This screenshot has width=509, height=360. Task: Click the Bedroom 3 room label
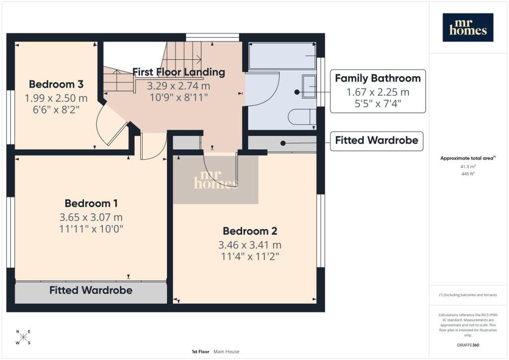coord(56,84)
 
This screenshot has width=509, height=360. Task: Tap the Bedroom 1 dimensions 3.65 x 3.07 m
coord(91,217)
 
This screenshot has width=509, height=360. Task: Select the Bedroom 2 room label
coord(250,231)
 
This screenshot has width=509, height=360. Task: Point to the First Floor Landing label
coord(179,72)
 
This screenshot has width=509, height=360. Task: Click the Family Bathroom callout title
coord(378,78)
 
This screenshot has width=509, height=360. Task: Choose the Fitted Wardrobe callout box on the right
coord(377,141)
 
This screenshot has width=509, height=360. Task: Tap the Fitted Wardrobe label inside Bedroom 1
coord(91,290)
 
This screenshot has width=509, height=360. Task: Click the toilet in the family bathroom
coord(302,117)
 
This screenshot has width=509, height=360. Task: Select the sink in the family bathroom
coord(309,87)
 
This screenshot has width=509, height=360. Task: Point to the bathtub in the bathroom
coord(282,56)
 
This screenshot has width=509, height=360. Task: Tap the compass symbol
coord(23,337)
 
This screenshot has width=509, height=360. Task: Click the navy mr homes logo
coord(468,27)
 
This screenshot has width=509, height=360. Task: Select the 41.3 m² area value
coord(468,167)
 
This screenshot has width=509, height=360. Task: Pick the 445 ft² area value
coord(468,174)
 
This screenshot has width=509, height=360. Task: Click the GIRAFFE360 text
coord(468,345)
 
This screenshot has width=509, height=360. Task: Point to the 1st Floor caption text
coord(201,352)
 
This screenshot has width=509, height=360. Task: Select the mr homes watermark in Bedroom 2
coord(216,180)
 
